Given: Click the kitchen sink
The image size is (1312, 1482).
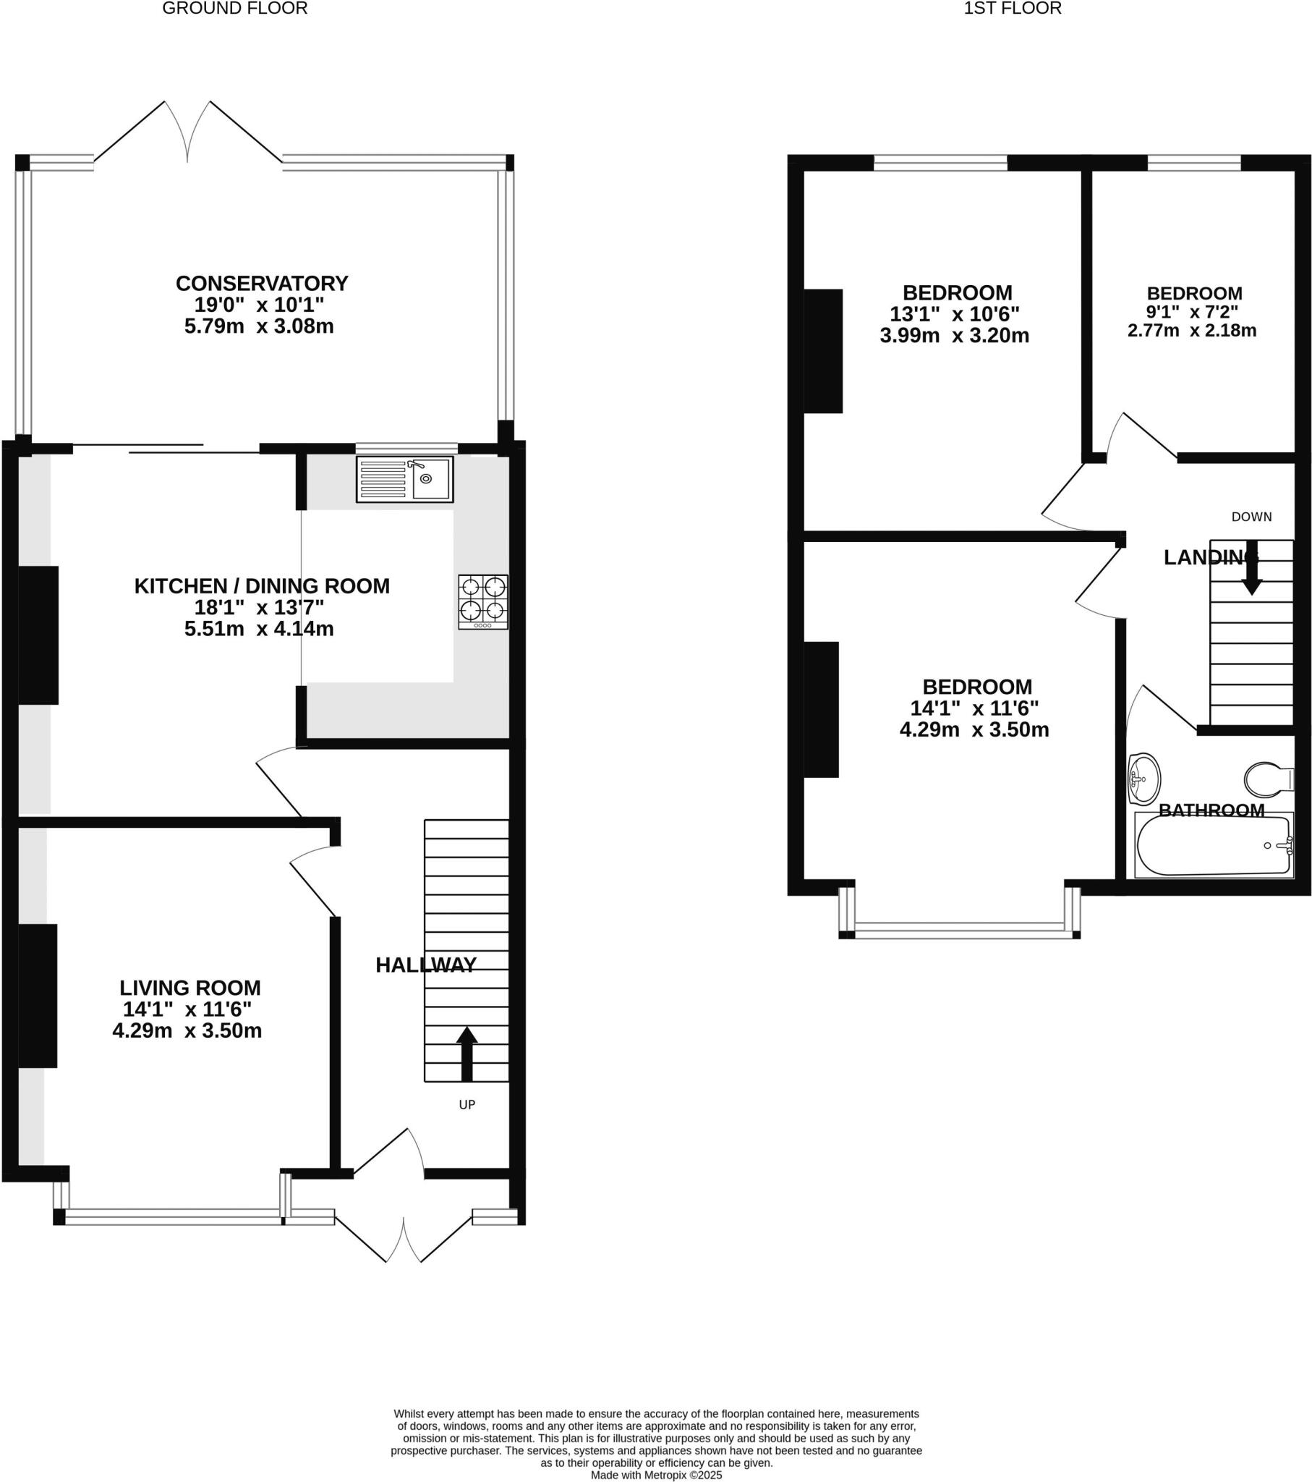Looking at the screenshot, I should [x=404, y=479].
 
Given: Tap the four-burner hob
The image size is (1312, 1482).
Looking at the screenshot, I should [x=482, y=601].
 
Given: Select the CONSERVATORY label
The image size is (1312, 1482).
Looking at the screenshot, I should [x=262, y=283].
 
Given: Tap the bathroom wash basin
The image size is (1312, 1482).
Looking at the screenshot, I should [x=1143, y=779].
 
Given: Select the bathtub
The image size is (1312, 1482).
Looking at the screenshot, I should [x=1213, y=845].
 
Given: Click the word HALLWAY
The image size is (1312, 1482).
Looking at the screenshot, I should [x=425, y=965].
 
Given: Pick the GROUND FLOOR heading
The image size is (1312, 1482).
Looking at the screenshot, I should [x=235, y=8].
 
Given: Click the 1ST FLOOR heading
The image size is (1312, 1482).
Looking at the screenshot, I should [x=1012, y=8].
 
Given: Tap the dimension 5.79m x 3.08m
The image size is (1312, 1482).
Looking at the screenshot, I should [x=259, y=326].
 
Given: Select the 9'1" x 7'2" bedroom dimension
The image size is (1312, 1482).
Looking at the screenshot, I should [x=1192, y=312].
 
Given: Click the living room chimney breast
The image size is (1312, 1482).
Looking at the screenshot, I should [x=37, y=996].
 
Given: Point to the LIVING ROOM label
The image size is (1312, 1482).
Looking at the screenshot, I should [x=190, y=988].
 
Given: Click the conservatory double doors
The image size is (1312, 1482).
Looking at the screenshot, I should [x=188, y=130].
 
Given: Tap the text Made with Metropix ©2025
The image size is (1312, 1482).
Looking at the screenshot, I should [x=656, y=1475].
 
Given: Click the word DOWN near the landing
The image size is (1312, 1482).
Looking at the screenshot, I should [x=1251, y=516].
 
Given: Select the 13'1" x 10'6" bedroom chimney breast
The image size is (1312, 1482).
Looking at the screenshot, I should [x=824, y=351].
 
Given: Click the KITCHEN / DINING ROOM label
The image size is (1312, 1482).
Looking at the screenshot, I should [x=262, y=586].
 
